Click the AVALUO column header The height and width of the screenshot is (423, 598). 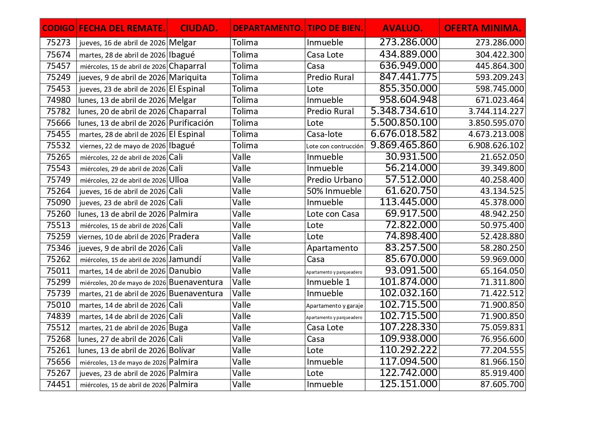(x=402, y=28)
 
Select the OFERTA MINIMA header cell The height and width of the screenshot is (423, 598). (x=482, y=28)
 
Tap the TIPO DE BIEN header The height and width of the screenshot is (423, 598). (x=335, y=28)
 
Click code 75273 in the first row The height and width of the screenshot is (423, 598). (x=58, y=43)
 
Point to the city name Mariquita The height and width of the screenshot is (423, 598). (x=188, y=77)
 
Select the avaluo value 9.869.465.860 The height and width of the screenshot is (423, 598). (x=404, y=145)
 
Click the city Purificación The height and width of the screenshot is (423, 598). (x=191, y=123)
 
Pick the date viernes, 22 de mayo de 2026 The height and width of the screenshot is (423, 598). (x=122, y=146)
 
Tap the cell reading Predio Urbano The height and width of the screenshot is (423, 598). (x=334, y=180)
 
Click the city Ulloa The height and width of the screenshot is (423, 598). (x=179, y=180)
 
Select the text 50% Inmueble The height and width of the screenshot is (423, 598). (x=334, y=191)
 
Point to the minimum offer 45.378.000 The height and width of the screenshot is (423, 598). (x=502, y=202)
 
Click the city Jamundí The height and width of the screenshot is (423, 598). (x=185, y=259)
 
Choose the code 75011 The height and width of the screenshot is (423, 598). (x=58, y=271)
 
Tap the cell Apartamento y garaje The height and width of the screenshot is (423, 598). (x=334, y=305)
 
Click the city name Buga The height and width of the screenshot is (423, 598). (x=178, y=328)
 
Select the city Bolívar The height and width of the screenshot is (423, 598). (x=182, y=350)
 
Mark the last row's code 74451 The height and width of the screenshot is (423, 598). (x=58, y=384)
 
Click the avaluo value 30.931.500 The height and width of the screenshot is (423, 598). (x=411, y=157)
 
